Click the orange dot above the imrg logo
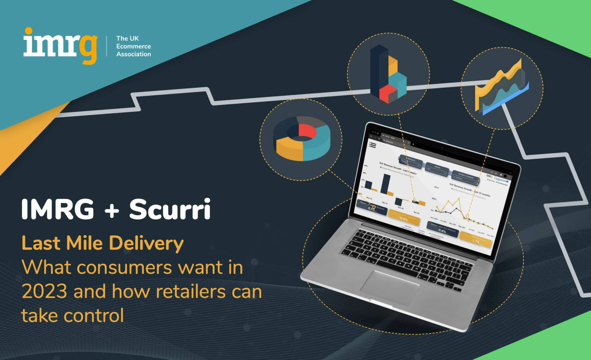point(29,31)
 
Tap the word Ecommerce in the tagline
point(133,46)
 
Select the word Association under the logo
point(133,54)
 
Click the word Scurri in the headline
point(170,209)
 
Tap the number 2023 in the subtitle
point(44,291)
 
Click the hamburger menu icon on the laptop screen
point(372,145)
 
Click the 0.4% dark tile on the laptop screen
point(442,229)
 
